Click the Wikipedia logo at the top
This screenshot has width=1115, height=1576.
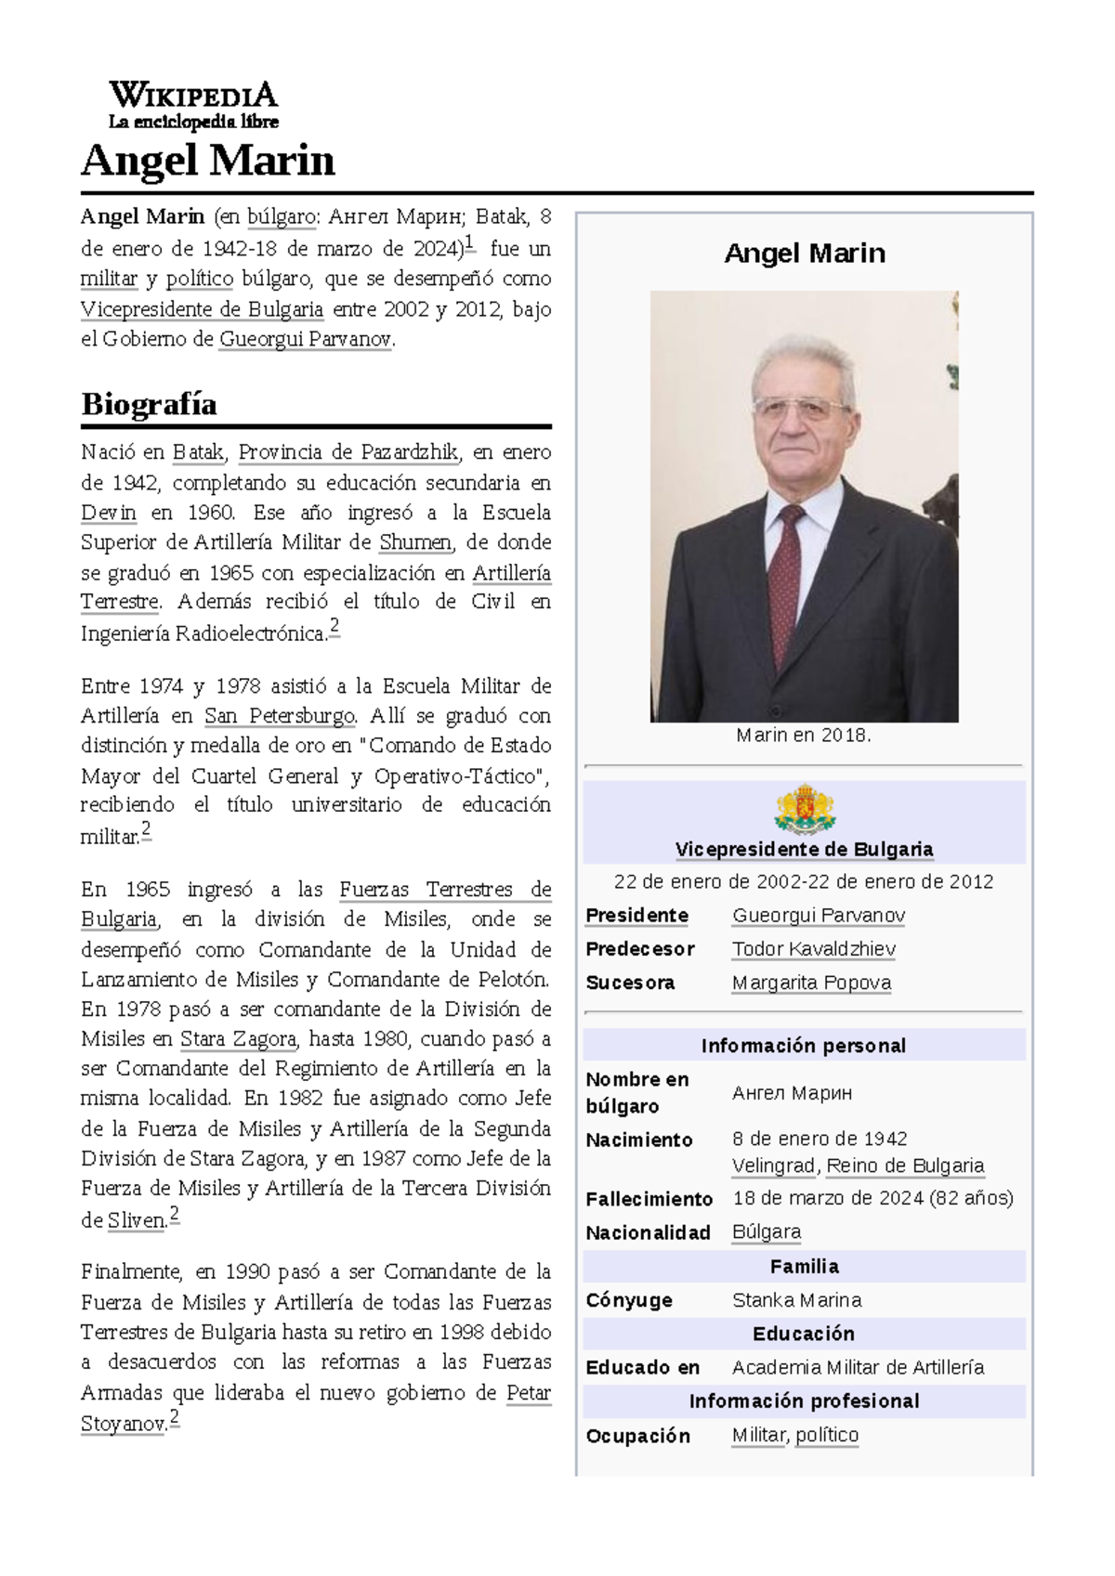click(x=193, y=105)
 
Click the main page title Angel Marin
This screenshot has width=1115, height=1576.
click(x=207, y=161)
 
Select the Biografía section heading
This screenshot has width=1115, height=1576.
click(x=149, y=404)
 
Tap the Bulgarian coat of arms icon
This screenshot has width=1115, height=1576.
click(x=804, y=810)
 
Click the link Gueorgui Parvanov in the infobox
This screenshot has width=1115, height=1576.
click(x=818, y=916)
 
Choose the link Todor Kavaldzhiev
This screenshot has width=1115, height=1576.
click(x=813, y=949)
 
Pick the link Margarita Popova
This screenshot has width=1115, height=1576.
click(x=811, y=983)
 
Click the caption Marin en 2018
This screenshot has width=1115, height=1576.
click(x=804, y=736)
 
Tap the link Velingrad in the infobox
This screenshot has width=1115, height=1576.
click(x=773, y=1166)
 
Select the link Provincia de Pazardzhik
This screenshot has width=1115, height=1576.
click(x=348, y=452)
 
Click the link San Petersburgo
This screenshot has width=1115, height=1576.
click(x=279, y=716)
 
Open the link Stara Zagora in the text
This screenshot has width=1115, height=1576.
click(x=238, y=1039)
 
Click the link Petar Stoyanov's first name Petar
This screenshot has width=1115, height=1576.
click(x=529, y=1393)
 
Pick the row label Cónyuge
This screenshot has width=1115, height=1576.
click(x=629, y=1300)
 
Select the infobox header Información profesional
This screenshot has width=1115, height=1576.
click(x=804, y=1401)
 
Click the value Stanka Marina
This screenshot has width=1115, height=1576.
click(x=796, y=1300)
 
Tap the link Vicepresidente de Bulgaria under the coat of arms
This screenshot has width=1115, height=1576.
click(x=804, y=849)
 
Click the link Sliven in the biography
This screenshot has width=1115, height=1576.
click(x=136, y=1221)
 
